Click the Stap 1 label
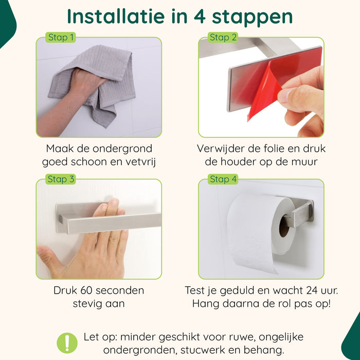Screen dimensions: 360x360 61,38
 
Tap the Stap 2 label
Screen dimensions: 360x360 223,38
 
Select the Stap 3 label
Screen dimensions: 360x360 61,179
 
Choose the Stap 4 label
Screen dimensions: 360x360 223,179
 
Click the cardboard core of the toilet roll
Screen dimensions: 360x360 284,226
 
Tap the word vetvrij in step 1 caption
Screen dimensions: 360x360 138,163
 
